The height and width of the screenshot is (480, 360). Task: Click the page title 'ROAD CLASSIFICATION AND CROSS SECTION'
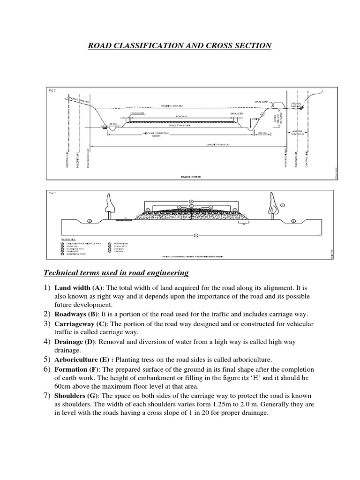180,45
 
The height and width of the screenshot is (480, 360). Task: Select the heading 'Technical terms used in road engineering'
116,272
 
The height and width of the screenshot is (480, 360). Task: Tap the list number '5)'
47,360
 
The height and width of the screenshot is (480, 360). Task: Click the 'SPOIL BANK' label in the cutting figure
262,101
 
